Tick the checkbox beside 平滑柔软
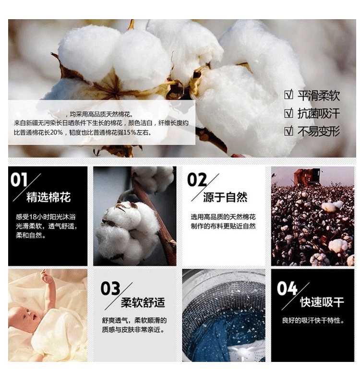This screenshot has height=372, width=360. click(288, 95)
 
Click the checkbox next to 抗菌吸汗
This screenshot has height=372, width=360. click(288, 113)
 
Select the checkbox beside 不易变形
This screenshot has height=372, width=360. click(288, 131)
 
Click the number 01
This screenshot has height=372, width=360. click(19, 180)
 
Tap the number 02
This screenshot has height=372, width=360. click(197, 180)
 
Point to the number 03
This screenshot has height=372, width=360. click(110, 288)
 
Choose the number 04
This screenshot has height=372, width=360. click(287, 288)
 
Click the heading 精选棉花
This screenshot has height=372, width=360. click(48, 197)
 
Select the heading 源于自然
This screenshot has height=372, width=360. click(225, 197)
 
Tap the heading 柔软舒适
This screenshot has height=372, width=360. click(143, 302)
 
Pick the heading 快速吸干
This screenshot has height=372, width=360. click(322, 302)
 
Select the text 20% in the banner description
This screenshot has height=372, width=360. click(56, 132)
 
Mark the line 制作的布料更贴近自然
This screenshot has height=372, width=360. click(223, 226)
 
